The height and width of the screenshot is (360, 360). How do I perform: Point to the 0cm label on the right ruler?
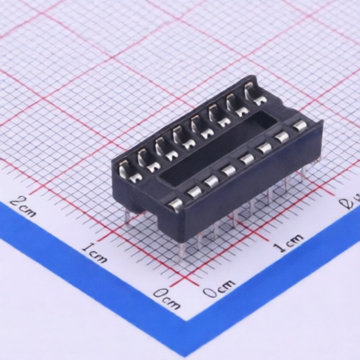(219, 286)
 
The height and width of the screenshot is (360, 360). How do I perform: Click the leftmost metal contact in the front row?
(175, 204)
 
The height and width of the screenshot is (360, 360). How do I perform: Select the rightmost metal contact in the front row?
(300, 127)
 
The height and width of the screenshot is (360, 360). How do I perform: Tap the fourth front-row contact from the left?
(229, 170)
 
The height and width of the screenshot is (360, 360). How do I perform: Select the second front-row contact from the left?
(193, 192)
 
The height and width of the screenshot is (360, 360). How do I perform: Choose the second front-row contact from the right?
(282, 138)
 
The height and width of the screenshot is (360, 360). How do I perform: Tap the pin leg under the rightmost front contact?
(304, 172)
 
